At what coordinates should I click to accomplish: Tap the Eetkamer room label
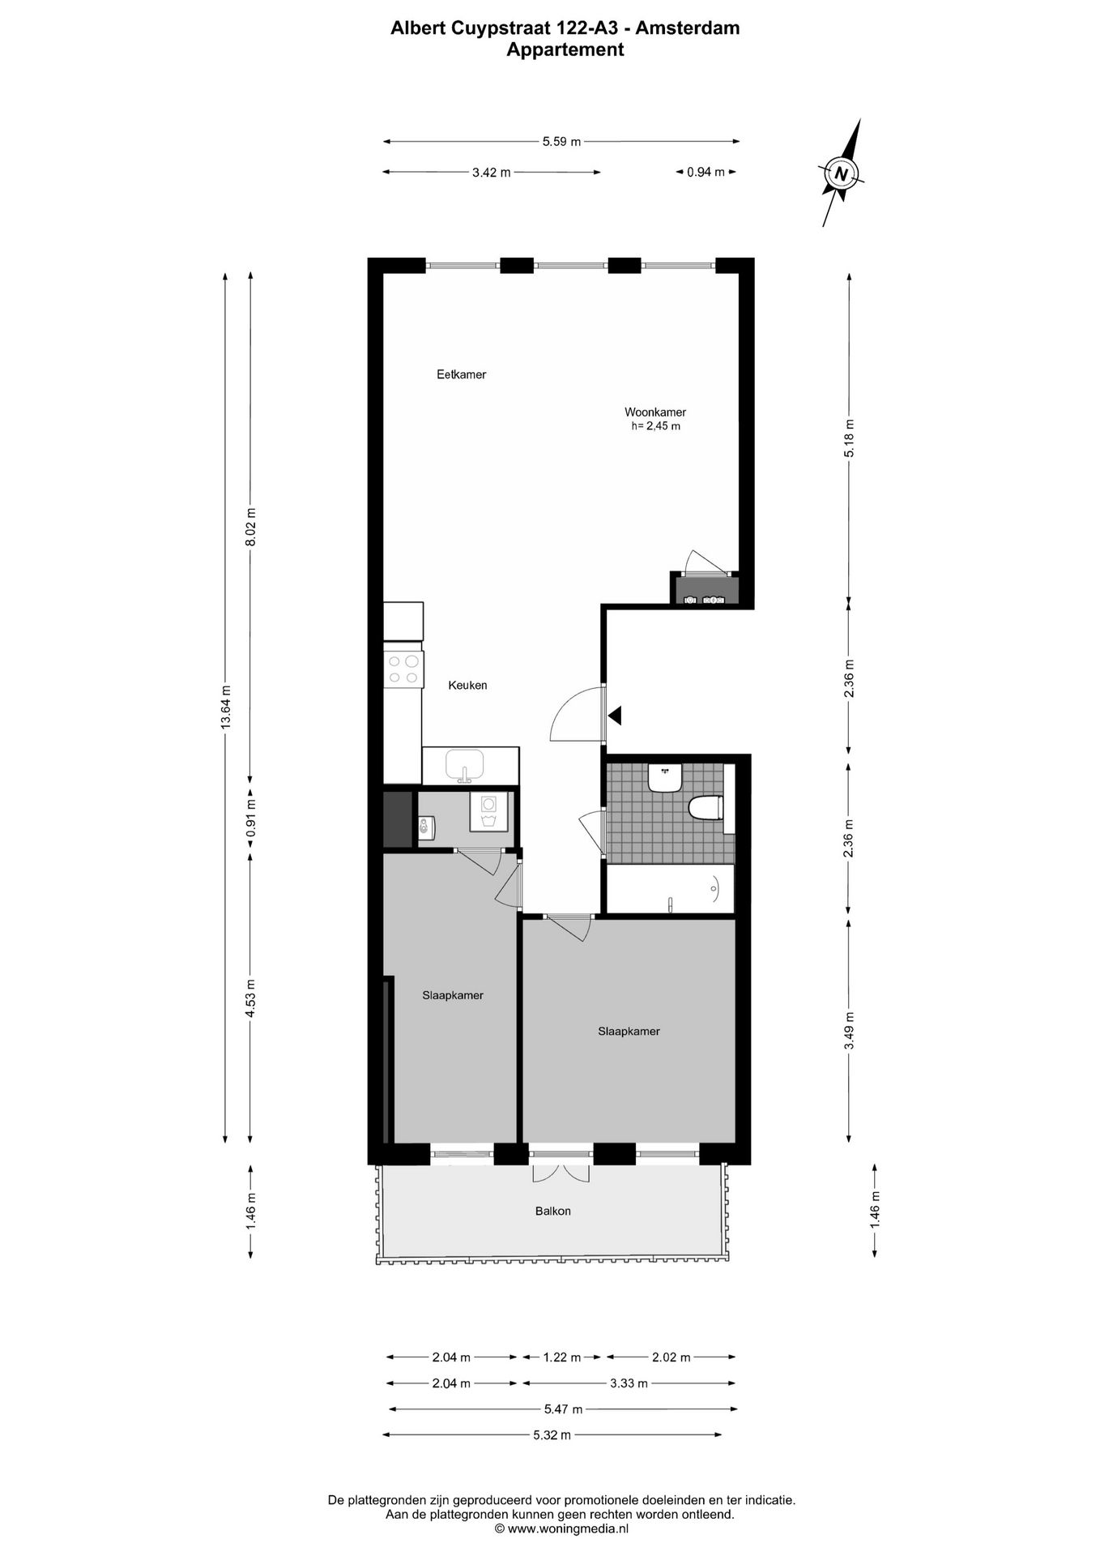[461, 374]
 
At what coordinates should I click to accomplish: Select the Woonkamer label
[654, 412]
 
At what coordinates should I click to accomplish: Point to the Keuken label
[467, 685]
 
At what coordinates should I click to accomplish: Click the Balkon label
[552, 1211]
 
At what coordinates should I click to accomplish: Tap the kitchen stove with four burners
[403, 669]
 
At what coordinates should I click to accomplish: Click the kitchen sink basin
[464, 765]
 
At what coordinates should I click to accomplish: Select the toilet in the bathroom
[704, 808]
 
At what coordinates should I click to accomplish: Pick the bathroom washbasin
[665, 779]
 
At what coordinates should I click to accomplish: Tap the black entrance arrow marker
[615, 715]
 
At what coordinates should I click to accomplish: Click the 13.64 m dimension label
[226, 707]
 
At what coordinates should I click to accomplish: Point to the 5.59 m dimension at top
[561, 142]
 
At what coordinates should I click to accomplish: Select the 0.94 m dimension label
[706, 172]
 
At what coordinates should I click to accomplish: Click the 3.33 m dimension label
[629, 1383]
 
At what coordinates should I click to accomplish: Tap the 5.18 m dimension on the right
[849, 438]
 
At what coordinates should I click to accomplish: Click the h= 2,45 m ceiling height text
[655, 426]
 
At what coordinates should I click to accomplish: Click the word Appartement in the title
[565, 49]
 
